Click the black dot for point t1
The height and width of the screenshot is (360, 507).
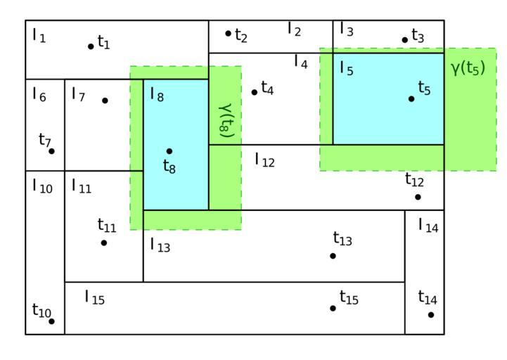click(x=91, y=46)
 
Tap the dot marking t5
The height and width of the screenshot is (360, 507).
click(x=411, y=98)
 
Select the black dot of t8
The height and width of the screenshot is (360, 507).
click(x=169, y=150)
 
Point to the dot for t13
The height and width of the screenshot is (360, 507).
click(x=333, y=255)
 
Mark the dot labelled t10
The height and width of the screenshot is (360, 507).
click(x=51, y=321)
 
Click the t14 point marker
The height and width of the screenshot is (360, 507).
click(x=430, y=314)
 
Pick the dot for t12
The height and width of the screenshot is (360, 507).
click(x=418, y=197)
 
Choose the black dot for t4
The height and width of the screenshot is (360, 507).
click(x=255, y=92)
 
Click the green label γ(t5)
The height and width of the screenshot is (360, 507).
click(x=468, y=69)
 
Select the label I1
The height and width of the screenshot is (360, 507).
click(x=39, y=35)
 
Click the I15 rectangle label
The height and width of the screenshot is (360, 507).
click(x=94, y=297)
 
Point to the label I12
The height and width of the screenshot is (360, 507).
click(x=264, y=160)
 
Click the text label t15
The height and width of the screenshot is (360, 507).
click(x=349, y=298)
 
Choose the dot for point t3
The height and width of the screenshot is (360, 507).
click(x=405, y=39)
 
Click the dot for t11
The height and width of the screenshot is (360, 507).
click(x=104, y=243)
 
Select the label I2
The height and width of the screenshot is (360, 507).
click(x=294, y=30)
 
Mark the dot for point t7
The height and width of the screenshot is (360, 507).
click(x=51, y=151)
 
